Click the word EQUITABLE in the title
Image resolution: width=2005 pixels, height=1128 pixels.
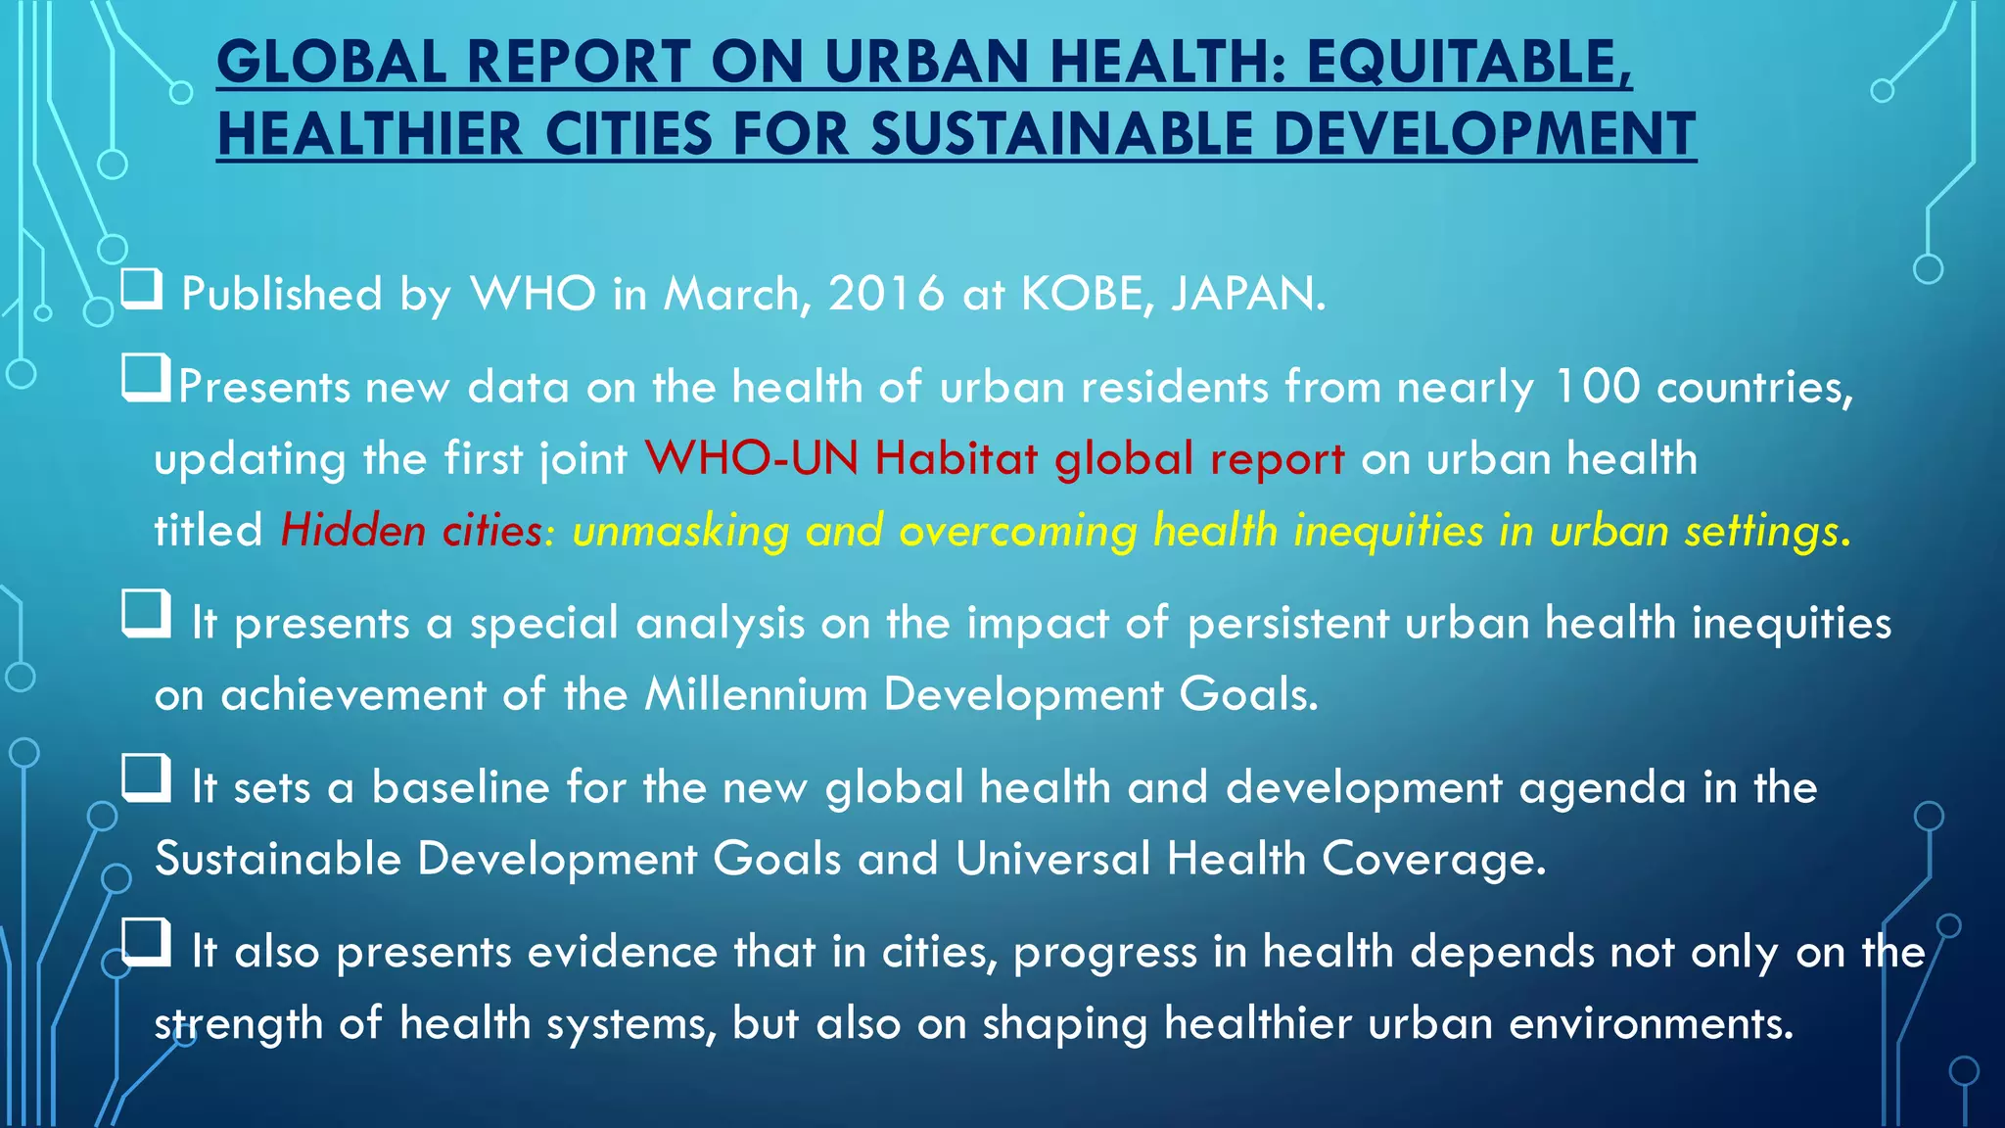[1469, 63]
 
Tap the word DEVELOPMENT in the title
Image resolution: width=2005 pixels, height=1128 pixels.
[1484, 134]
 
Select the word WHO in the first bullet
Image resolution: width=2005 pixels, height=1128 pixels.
[534, 294]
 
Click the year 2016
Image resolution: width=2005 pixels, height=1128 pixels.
[886, 294]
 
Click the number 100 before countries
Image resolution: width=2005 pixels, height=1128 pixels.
[1597, 386]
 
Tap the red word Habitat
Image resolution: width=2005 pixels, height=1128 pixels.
[956, 458]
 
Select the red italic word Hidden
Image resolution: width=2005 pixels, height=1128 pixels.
[352, 531]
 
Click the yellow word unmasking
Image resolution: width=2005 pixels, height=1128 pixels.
[680, 531]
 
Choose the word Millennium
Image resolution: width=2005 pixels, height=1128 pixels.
[756, 694]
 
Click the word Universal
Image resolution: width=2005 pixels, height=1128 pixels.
[1052, 859]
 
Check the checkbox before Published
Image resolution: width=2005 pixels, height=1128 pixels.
[142, 290]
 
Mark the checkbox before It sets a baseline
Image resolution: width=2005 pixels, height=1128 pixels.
[146, 780]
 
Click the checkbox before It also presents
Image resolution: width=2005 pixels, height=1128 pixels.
[146, 944]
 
